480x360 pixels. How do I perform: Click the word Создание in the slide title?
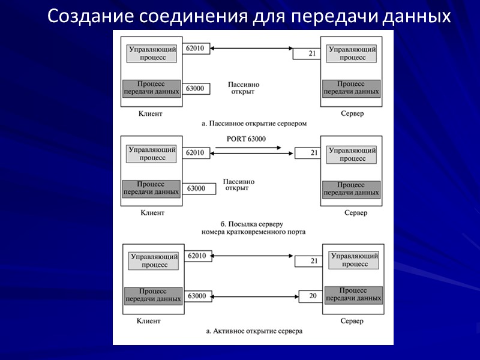pos(91,16)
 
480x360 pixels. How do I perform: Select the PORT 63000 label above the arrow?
pos(247,139)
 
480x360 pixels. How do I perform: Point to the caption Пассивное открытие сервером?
pos(254,123)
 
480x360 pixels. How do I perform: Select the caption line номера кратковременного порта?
pos(254,231)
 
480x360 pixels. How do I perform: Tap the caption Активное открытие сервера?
pos(254,331)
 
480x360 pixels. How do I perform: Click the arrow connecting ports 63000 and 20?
pos(254,296)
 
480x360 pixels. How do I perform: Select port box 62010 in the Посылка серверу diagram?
pos(196,153)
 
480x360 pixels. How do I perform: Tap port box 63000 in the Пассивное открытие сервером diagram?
pos(196,89)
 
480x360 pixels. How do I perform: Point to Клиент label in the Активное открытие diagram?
pos(149,321)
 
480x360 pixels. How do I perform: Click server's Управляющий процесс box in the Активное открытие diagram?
pos(355,260)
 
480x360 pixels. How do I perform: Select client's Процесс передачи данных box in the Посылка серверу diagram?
pos(151,188)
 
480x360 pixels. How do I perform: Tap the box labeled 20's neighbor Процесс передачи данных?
pos(353,294)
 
